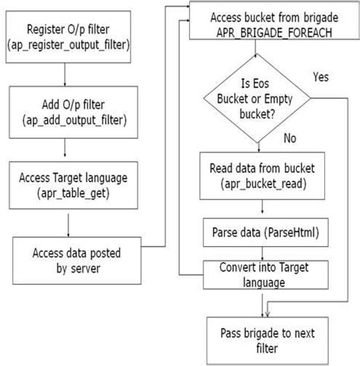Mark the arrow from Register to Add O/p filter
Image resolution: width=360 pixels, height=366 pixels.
click(x=67, y=74)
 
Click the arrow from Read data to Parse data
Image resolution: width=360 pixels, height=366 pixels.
click(x=262, y=207)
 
